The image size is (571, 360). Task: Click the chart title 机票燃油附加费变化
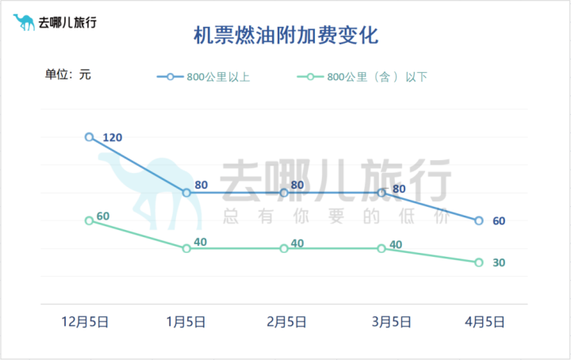pyautogui.click(x=285, y=36)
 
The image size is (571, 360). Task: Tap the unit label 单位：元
pyautogui.click(x=68, y=75)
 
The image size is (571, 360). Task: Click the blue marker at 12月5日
pyautogui.click(x=89, y=136)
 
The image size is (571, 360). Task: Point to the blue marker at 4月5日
pyautogui.click(x=479, y=220)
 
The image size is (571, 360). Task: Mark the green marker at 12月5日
pyautogui.click(x=89, y=220)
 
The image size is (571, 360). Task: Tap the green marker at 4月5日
pyautogui.click(x=479, y=262)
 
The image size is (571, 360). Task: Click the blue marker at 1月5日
pyautogui.click(x=186, y=193)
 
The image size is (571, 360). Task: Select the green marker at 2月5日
pyautogui.click(x=284, y=248)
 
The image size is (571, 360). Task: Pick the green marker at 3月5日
pyautogui.click(x=381, y=248)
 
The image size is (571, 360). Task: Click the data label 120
pyautogui.click(x=113, y=138)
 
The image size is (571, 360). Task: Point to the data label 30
pyautogui.click(x=499, y=263)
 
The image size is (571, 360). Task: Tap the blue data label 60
pyautogui.click(x=499, y=221)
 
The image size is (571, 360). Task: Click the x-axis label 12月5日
pyautogui.click(x=86, y=321)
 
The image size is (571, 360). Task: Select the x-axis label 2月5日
pyautogui.click(x=286, y=321)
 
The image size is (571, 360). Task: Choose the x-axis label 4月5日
pyautogui.click(x=484, y=321)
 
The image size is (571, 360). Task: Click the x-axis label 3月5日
pyautogui.click(x=392, y=321)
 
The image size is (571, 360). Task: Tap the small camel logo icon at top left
pyautogui.click(x=24, y=21)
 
